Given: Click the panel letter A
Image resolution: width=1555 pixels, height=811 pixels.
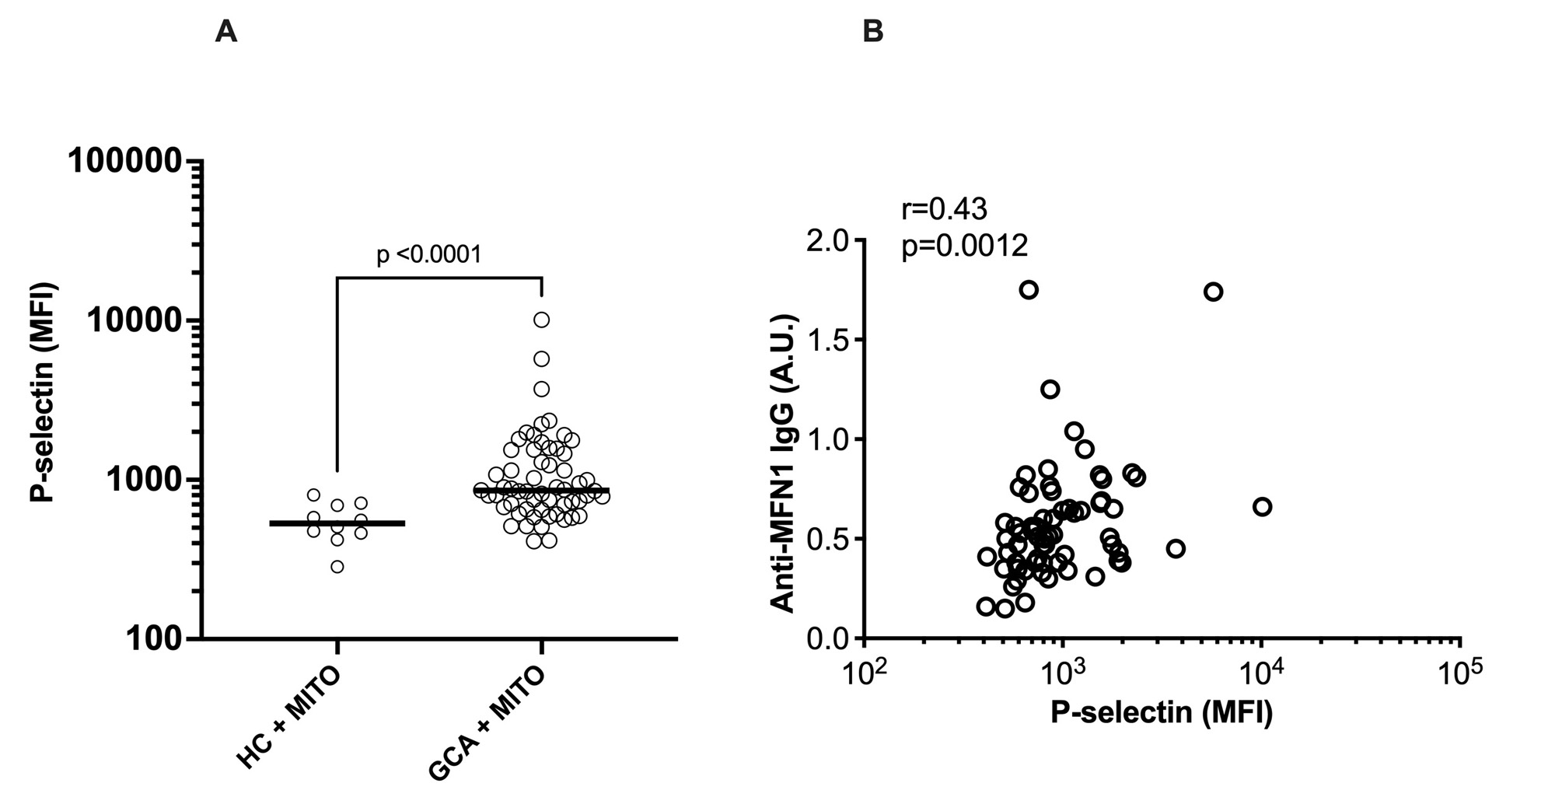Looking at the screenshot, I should pyautogui.click(x=225, y=32).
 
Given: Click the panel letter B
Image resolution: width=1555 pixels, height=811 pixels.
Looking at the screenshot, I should pyautogui.click(x=873, y=32).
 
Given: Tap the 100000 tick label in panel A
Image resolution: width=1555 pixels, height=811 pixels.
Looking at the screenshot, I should pyautogui.click(x=125, y=161).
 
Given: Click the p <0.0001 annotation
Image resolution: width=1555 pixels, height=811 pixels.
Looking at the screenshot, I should pyautogui.click(x=428, y=254).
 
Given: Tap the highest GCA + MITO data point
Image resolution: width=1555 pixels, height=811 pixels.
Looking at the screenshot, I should pyautogui.click(x=542, y=320).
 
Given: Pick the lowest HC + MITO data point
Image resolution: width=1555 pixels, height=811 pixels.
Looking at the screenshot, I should pyautogui.click(x=337, y=566).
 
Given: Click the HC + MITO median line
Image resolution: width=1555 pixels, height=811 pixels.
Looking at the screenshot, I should pyautogui.click(x=337, y=523).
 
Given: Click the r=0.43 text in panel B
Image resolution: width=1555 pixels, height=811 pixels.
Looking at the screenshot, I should pyautogui.click(x=944, y=209).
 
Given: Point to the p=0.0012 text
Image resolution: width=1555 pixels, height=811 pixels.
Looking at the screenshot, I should pyautogui.click(x=965, y=246).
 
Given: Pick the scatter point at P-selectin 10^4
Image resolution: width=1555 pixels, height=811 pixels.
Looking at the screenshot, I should pyautogui.click(x=1262, y=507).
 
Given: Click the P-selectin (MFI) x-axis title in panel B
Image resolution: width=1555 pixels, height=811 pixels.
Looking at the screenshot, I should pyautogui.click(x=1162, y=712).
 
